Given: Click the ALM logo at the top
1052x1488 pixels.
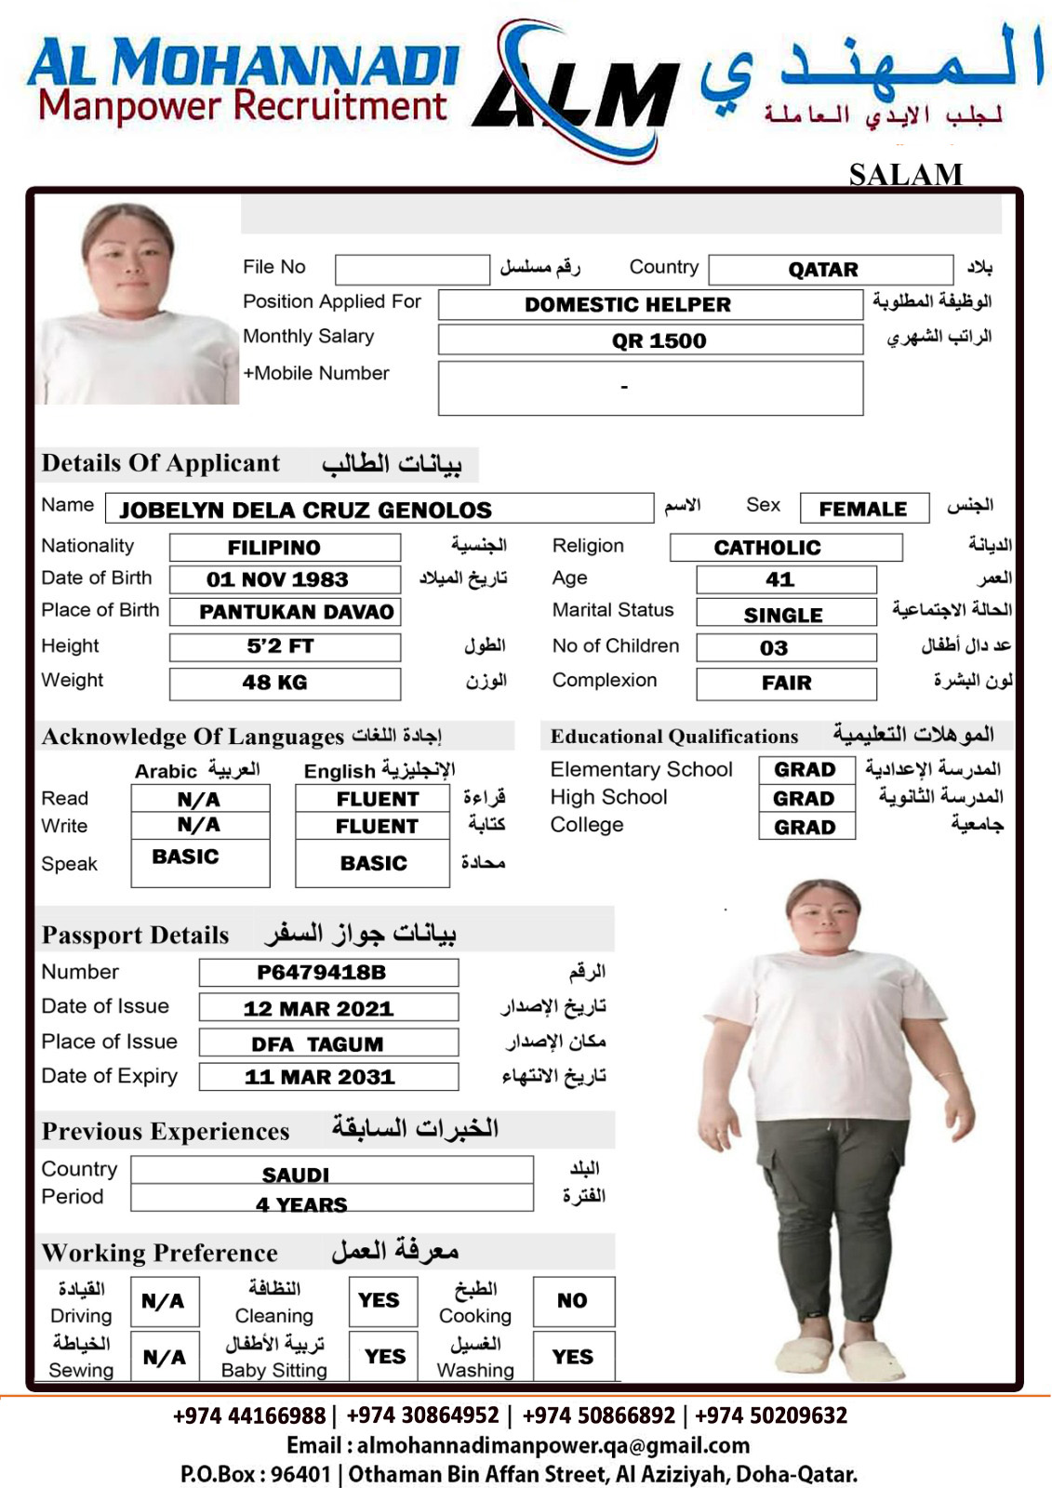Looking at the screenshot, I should pos(577,93).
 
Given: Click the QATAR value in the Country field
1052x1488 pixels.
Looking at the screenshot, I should pos(823,270).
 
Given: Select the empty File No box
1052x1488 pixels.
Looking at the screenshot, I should pos(412,269).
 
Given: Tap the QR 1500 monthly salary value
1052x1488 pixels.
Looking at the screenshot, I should pos(659,340).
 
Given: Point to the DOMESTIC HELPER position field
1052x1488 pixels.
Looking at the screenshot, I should pos(628,305).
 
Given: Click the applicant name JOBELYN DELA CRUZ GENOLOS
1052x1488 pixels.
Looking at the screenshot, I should pos(306,510).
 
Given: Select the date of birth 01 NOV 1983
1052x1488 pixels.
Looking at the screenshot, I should pos(277,579).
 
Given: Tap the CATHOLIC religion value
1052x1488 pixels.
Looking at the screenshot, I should pos(767,548).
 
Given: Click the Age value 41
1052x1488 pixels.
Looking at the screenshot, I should pos(779,579).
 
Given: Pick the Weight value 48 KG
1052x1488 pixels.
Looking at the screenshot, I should pos(274,683).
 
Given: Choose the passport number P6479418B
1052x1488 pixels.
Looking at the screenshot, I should pos(321,973).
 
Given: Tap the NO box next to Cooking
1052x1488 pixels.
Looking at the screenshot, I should pos(572,1301).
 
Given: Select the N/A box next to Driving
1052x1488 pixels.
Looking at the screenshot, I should pos(163,1301).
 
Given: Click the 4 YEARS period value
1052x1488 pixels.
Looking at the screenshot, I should pos(301,1204).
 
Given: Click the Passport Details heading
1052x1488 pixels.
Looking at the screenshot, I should pos(136,935).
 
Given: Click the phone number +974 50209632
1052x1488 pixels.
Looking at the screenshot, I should pos(771,1415).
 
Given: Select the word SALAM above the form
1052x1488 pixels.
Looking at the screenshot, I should pos(905,174).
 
